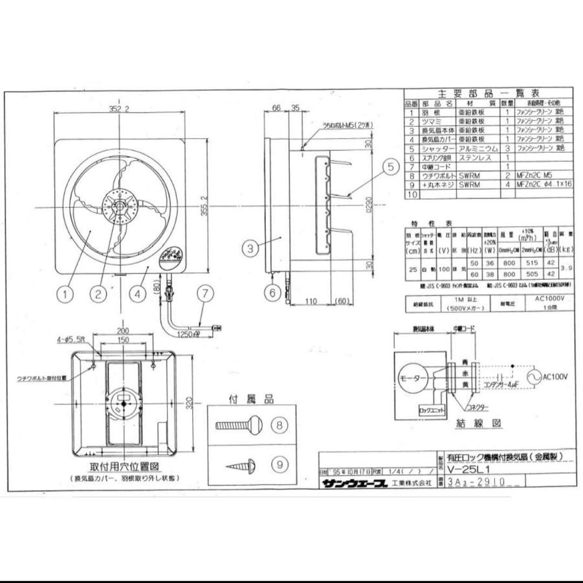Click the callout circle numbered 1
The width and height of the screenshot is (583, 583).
(x=65, y=294)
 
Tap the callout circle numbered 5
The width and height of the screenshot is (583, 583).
(x=391, y=167)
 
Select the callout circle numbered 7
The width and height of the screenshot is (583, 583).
(x=205, y=294)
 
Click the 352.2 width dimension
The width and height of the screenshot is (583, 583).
(x=119, y=109)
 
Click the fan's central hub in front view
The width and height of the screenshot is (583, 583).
(x=118, y=206)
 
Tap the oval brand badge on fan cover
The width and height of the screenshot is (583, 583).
(x=173, y=256)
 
